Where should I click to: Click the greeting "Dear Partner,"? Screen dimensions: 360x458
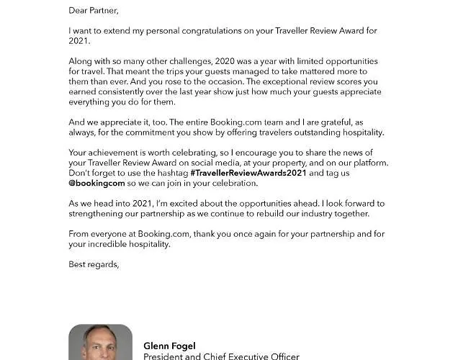(x=94, y=10)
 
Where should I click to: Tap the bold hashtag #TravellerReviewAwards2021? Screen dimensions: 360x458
(x=248, y=173)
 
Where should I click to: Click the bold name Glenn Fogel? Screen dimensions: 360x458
(x=169, y=346)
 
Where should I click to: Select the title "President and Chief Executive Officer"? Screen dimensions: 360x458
(x=221, y=356)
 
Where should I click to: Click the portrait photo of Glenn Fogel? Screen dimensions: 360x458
(x=100, y=343)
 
